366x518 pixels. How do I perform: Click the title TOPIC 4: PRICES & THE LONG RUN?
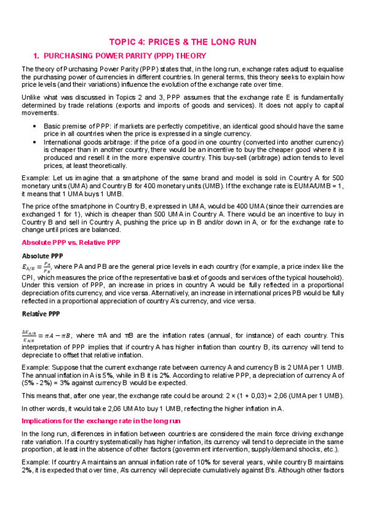(x=183, y=42)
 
